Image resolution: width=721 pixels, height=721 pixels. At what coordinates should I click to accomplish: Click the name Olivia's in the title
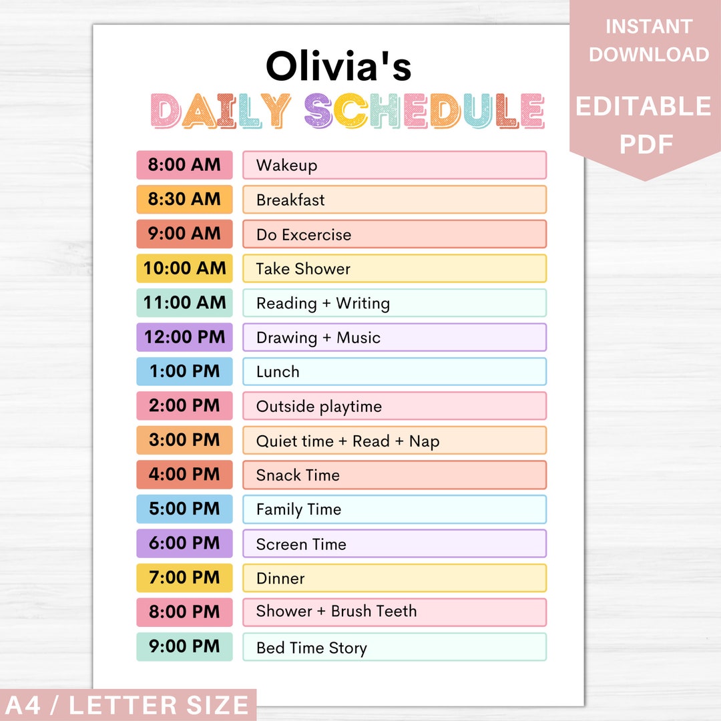click(x=338, y=67)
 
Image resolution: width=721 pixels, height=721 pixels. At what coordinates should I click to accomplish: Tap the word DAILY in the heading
click(x=221, y=111)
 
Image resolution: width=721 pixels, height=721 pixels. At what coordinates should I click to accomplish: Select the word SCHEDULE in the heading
click(x=424, y=111)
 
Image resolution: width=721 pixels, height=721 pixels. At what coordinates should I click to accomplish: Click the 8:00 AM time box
click(x=185, y=165)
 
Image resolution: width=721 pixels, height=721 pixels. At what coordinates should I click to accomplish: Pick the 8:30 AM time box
click(x=185, y=199)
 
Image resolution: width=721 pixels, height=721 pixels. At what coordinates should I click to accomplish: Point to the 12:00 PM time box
click(x=185, y=337)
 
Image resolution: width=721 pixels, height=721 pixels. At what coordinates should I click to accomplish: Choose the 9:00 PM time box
click(x=185, y=646)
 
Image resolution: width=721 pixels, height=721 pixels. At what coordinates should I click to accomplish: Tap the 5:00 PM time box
click(x=185, y=509)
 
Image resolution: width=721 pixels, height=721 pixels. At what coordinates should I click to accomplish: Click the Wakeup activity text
click(x=286, y=166)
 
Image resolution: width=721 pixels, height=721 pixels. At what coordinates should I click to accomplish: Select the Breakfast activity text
click(x=290, y=200)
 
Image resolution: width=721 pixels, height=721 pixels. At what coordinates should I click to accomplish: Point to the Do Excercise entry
click(x=304, y=234)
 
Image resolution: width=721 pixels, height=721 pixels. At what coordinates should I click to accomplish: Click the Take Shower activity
click(x=303, y=268)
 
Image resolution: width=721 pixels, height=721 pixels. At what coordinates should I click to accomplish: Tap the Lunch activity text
click(x=278, y=372)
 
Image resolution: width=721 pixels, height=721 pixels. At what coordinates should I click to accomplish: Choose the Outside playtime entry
click(x=319, y=407)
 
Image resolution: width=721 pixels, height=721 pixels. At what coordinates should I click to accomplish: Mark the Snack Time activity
click(x=298, y=475)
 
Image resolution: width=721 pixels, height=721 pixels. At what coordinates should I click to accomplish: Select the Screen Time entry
click(x=301, y=544)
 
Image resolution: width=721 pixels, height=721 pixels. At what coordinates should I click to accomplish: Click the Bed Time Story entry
click(x=312, y=648)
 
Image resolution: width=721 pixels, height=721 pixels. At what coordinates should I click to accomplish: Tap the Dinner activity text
click(x=280, y=578)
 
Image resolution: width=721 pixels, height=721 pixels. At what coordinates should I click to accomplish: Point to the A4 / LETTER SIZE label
click(x=126, y=705)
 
